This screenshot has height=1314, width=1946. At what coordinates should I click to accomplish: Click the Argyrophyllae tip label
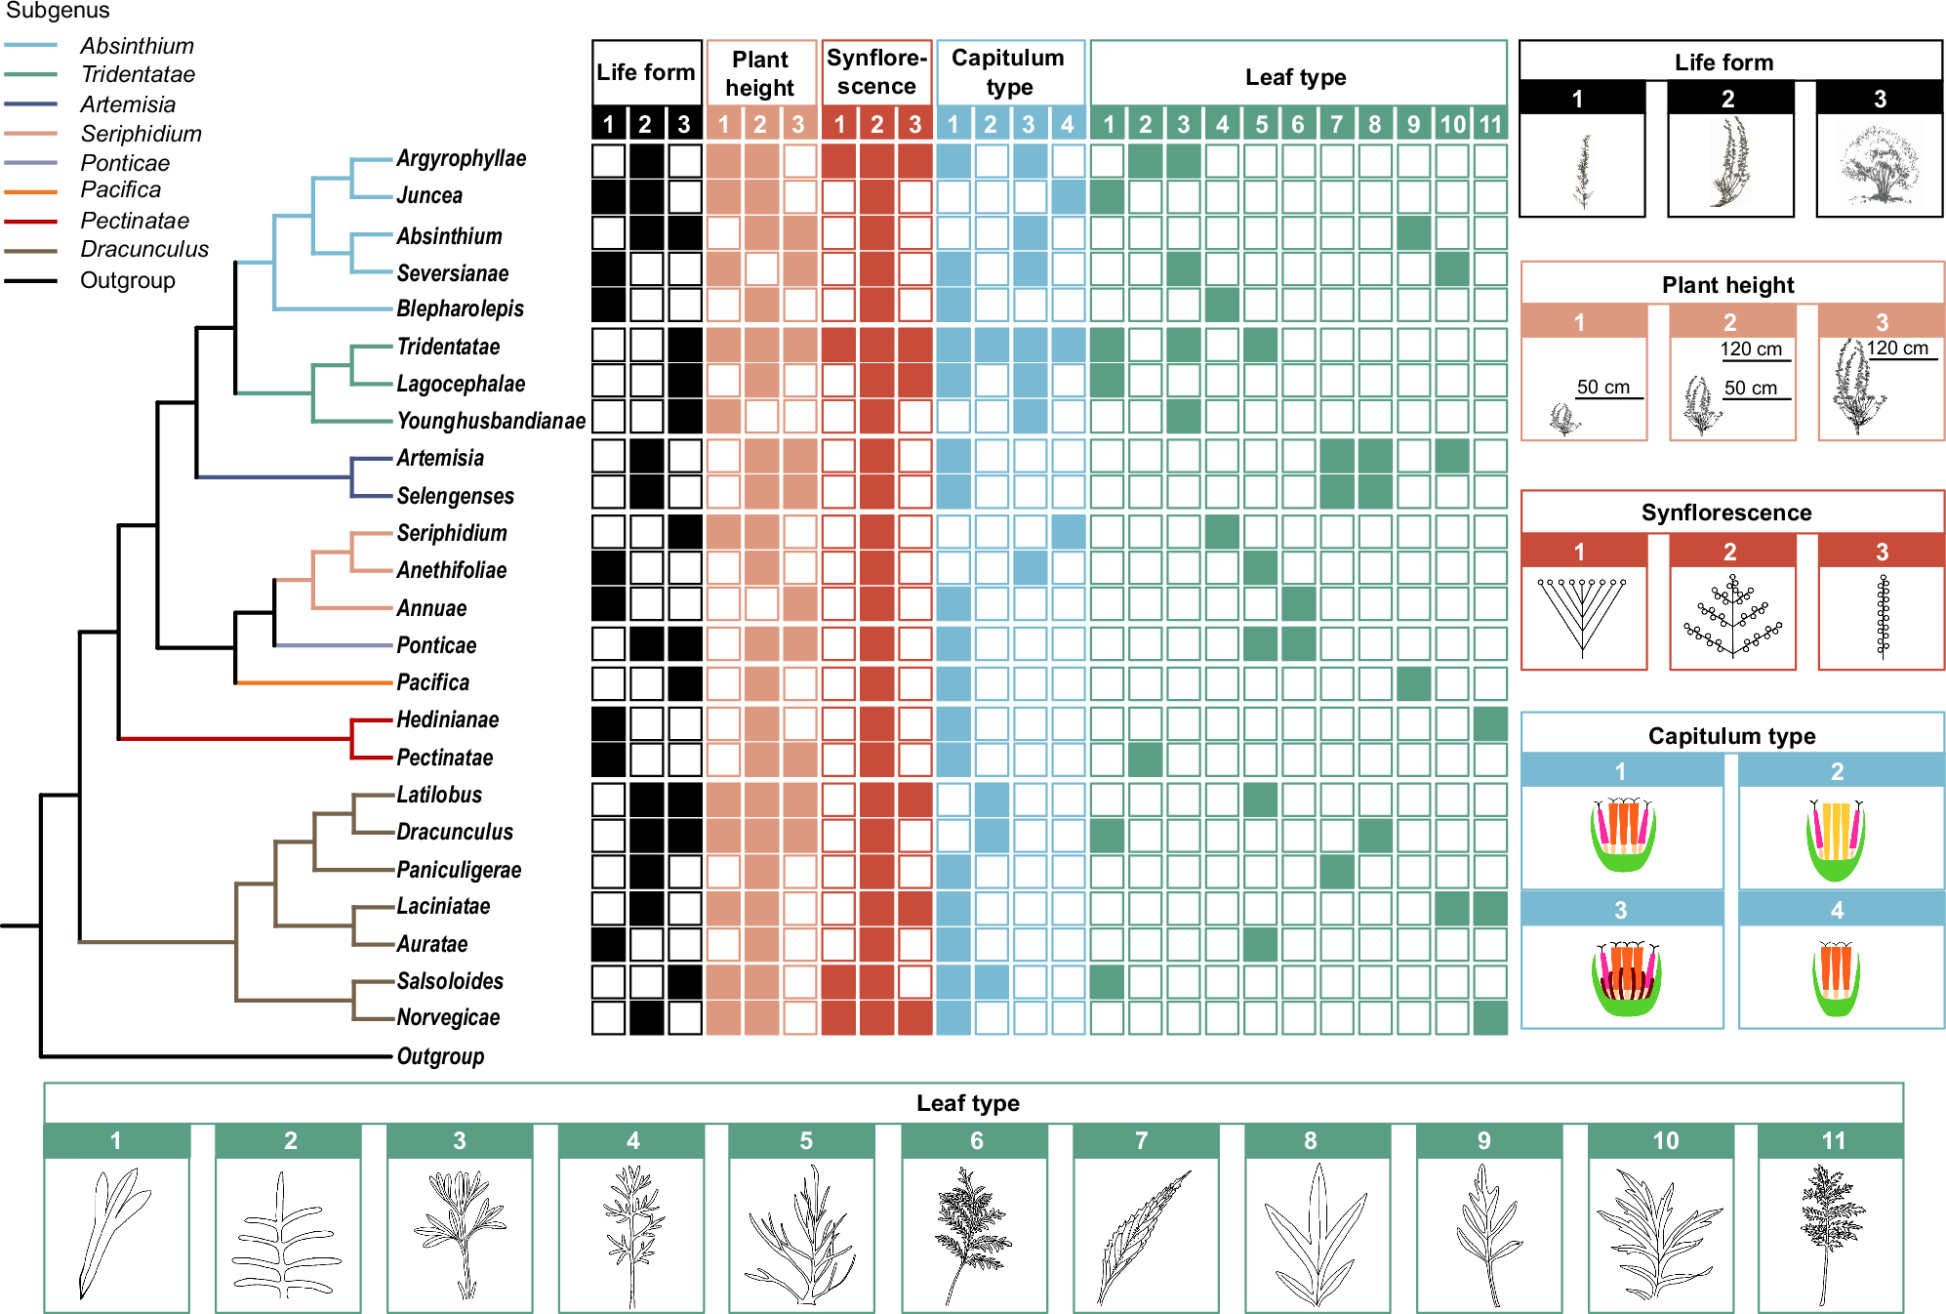[461, 158]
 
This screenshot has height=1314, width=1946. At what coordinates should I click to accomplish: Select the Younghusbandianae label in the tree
[491, 421]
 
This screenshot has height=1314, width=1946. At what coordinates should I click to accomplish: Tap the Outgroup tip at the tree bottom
[440, 1056]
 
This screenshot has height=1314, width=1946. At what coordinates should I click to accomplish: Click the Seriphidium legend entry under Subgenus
[141, 134]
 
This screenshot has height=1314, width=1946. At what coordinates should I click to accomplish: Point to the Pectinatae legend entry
[135, 221]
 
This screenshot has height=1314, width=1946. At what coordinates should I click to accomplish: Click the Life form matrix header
[646, 72]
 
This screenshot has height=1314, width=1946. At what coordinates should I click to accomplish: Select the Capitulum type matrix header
[1008, 72]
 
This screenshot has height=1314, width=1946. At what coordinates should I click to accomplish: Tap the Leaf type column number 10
[1452, 124]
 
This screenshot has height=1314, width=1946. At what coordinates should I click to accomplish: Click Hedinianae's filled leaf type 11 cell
[1490, 724]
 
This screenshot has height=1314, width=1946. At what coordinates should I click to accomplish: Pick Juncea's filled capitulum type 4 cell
[1068, 197]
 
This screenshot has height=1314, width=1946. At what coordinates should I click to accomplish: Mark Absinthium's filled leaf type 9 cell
[1413, 233]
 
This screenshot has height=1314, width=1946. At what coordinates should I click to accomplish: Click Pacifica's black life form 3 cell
[685, 683]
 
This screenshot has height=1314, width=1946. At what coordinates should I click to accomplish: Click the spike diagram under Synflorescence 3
[1883, 617]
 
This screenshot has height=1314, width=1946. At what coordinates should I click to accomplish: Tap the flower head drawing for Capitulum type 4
[1837, 977]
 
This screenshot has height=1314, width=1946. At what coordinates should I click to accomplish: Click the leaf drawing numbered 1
[115, 1235]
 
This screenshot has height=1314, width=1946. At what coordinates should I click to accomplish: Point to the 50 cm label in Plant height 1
[1603, 387]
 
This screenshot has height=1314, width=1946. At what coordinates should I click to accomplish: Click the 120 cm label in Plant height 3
[1897, 348]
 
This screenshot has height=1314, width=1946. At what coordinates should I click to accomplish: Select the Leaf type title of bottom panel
[967, 1103]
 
